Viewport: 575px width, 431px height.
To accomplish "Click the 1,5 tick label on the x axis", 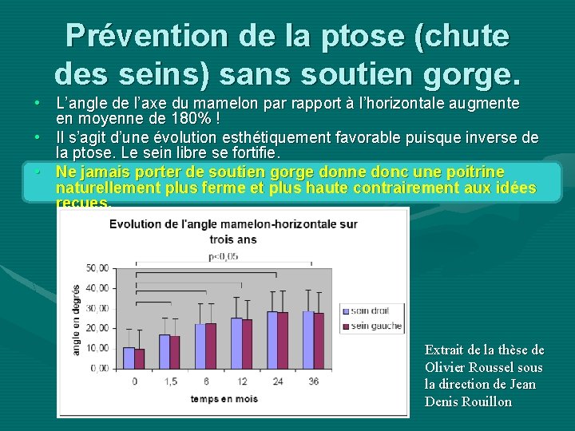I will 169,382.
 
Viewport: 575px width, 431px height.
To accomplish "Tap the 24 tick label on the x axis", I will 277,382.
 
